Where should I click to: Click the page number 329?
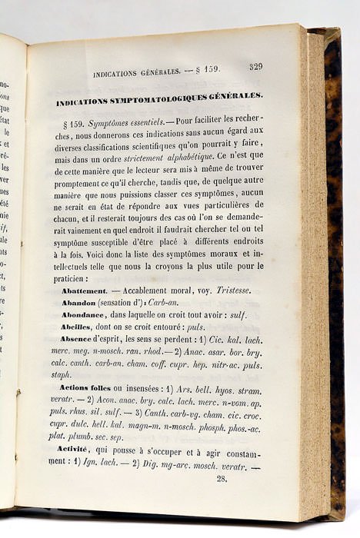click(x=255, y=66)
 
